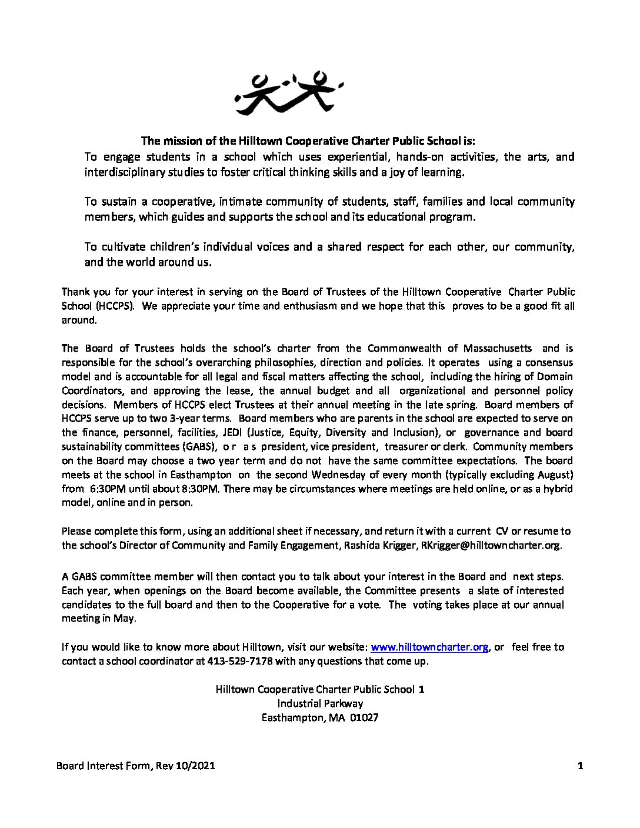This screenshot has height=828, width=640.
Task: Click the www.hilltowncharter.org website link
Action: [x=430, y=647]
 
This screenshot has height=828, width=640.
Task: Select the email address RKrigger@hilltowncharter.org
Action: [x=491, y=545]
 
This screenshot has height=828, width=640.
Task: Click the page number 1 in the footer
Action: [x=580, y=766]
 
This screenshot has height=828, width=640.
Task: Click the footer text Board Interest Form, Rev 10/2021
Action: [x=135, y=766]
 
